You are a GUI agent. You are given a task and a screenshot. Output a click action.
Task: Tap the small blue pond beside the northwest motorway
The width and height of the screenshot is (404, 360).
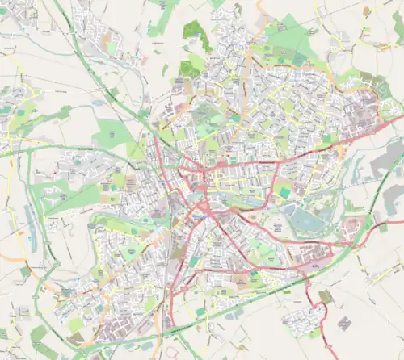(x=98, y=103)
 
